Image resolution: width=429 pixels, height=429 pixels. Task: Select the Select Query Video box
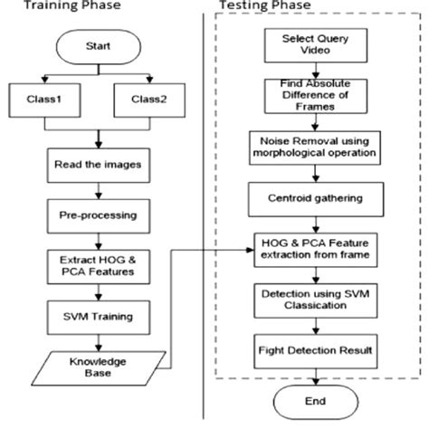click(313, 46)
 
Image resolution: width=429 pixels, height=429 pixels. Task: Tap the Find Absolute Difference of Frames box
click(313, 95)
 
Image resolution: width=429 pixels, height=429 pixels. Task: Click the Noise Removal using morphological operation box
click(313, 146)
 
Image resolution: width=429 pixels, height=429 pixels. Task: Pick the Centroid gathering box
click(313, 196)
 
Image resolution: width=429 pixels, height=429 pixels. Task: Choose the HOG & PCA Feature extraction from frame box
click(313, 245)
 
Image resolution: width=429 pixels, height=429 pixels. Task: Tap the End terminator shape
click(313, 401)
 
